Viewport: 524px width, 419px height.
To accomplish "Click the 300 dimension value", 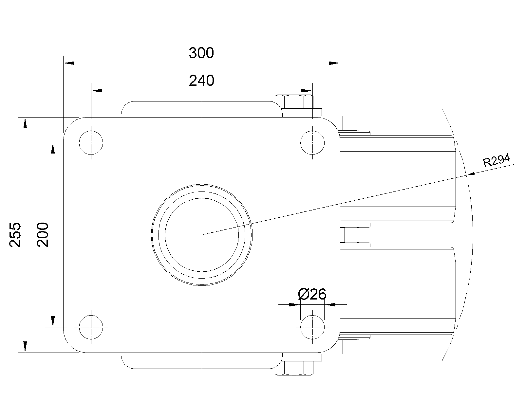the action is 201,53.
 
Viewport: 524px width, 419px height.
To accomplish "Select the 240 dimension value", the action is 202,81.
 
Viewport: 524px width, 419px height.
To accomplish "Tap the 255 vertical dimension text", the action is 15,235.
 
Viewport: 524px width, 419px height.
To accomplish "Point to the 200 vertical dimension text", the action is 43,235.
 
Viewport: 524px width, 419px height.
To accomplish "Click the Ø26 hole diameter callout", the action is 312,294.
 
